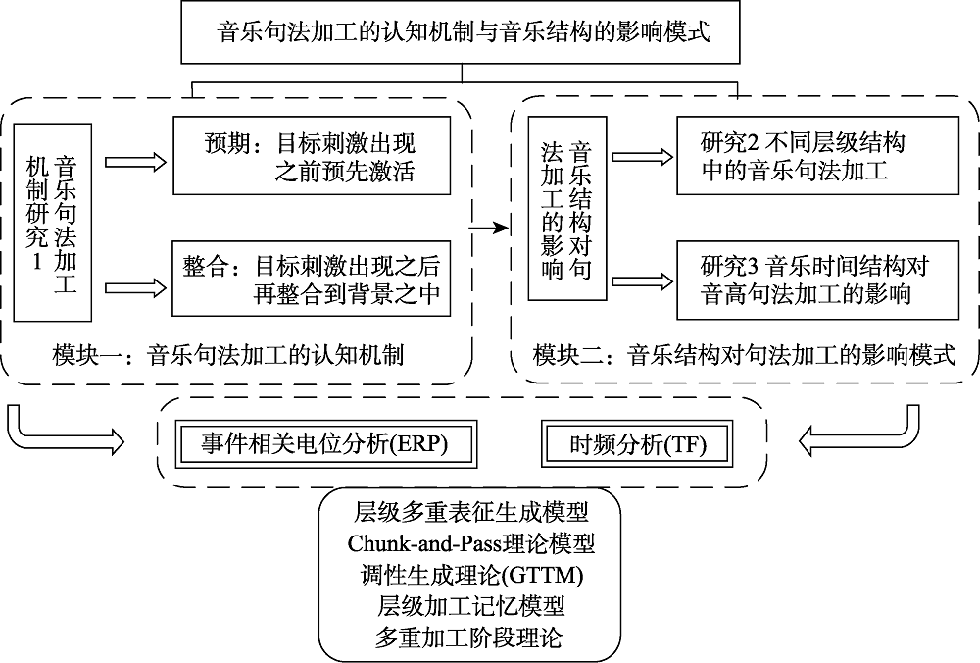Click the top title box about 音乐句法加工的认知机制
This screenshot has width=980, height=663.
click(x=463, y=31)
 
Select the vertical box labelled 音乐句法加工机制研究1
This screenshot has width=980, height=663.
click(x=52, y=222)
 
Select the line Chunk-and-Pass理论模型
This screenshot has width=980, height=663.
click(x=469, y=541)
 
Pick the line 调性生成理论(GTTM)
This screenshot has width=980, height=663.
click(x=469, y=573)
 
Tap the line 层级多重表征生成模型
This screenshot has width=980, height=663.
click(x=469, y=510)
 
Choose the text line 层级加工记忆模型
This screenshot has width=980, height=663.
click(x=469, y=605)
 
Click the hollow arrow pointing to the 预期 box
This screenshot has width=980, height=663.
click(x=135, y=160)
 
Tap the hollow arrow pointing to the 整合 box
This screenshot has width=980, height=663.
click(x=135, y=286)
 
